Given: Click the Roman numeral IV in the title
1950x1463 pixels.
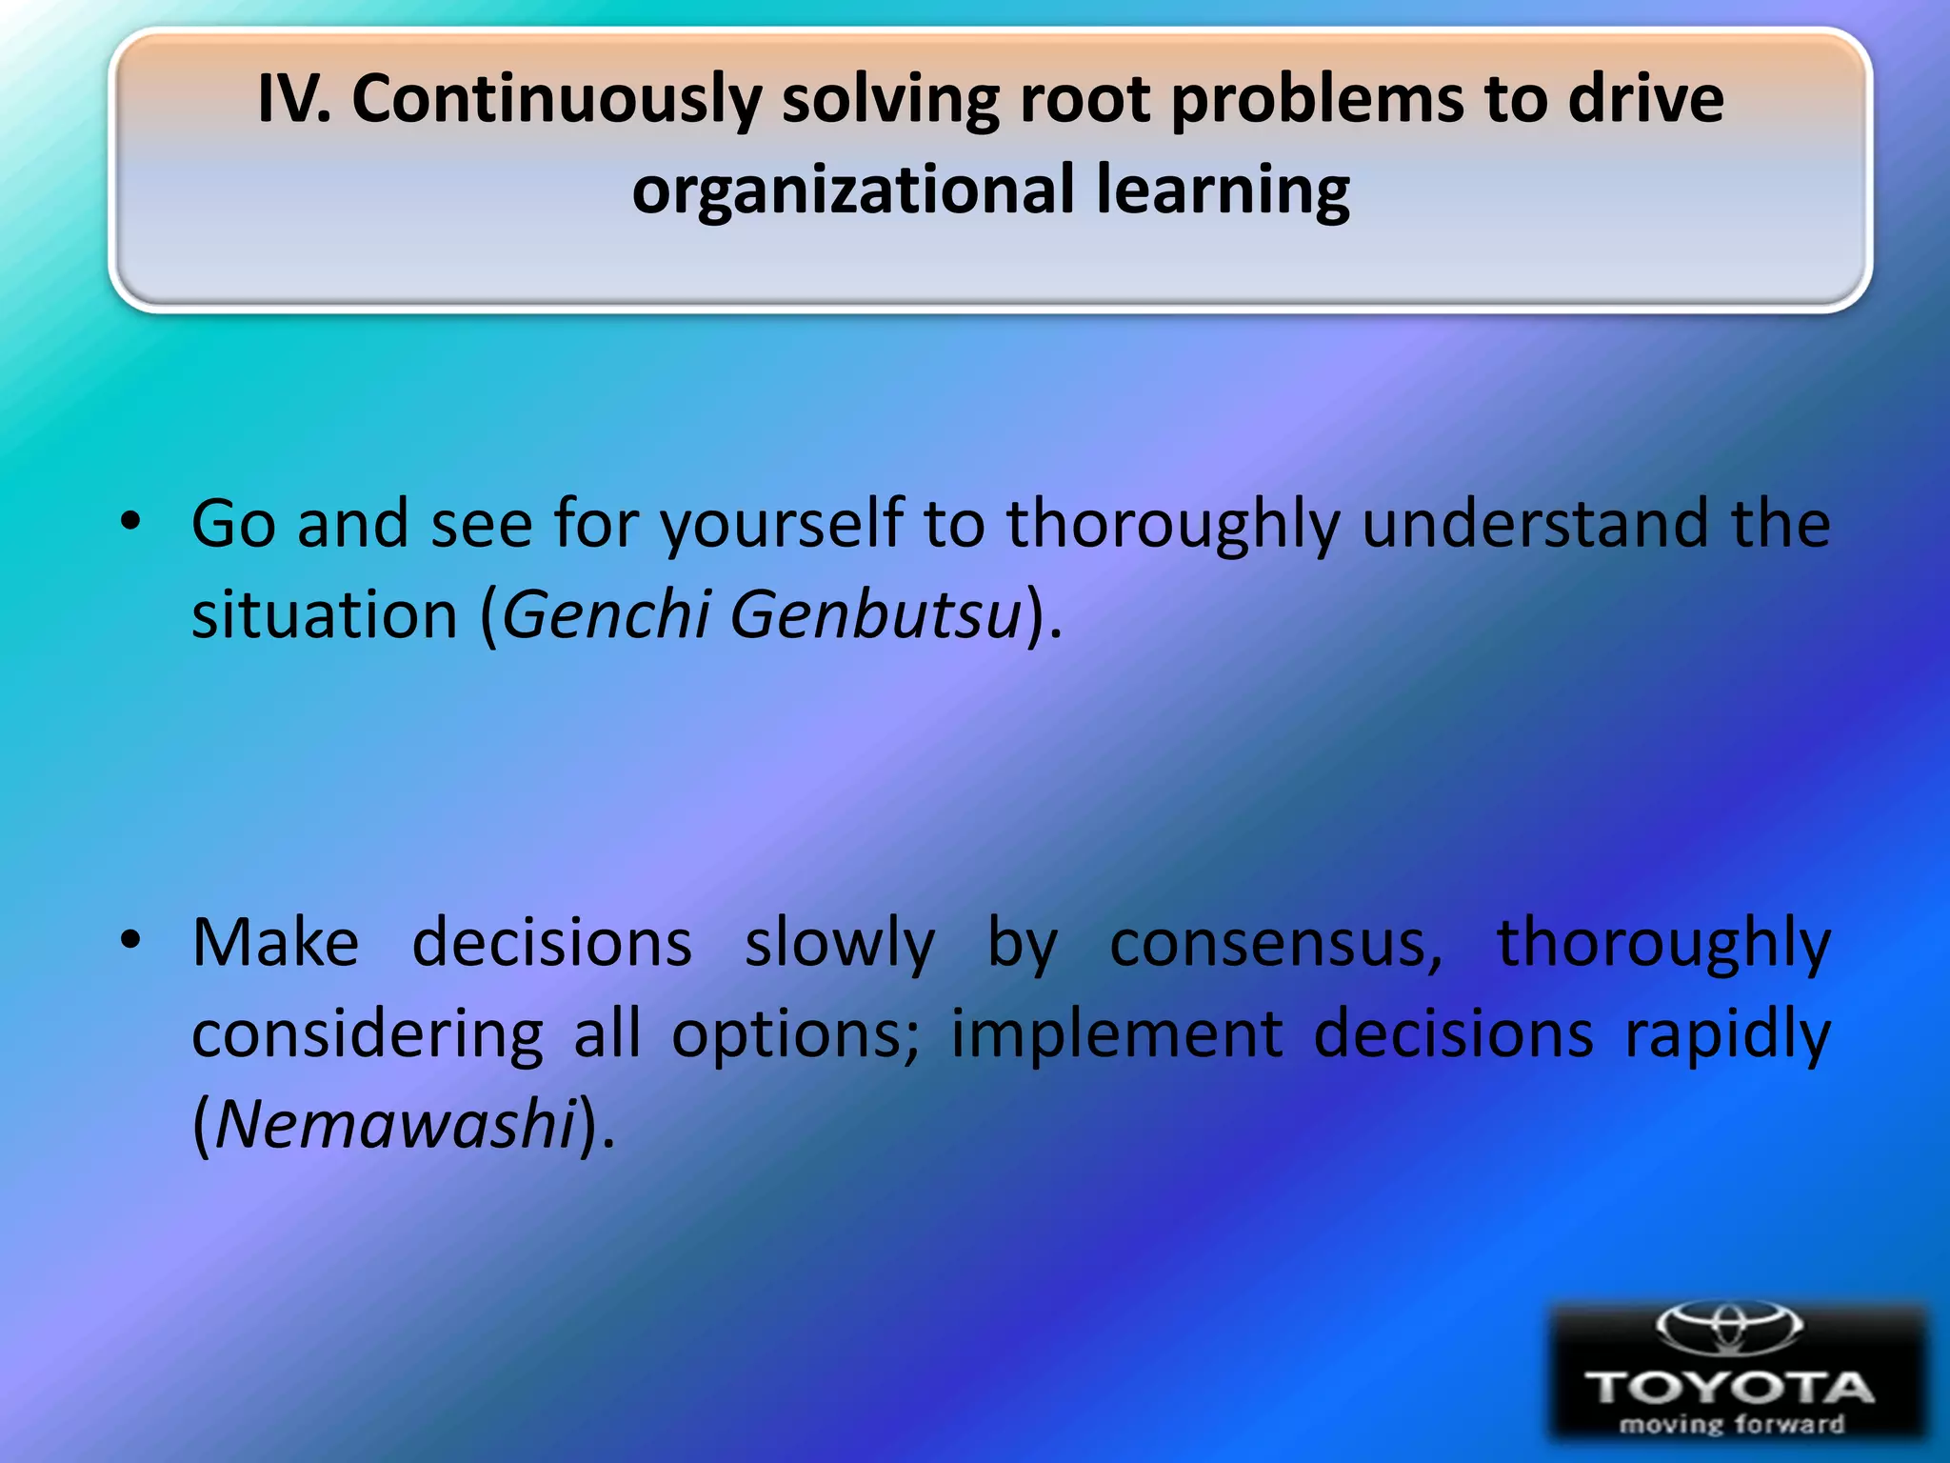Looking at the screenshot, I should [x=291, y=99].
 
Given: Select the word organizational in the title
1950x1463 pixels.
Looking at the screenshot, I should [x=853, y=190].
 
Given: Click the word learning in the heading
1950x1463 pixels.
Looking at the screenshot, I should [x=1223, y=190].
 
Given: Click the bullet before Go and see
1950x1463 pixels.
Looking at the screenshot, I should [x=130, y=522].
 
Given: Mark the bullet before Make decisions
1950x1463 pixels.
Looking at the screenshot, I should [x=130, y=941].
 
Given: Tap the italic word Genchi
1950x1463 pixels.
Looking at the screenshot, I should [x=606, y=614].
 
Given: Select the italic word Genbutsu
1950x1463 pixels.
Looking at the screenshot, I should [x=876, y=614].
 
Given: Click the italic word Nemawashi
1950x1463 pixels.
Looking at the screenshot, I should [x=396, y=1124].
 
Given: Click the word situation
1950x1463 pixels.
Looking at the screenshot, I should [x=325, y=615].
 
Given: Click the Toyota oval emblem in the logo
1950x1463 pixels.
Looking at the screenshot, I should [x=1728, y=1326].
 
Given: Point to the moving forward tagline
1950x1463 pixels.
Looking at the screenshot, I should [x=1731, y=1425].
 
